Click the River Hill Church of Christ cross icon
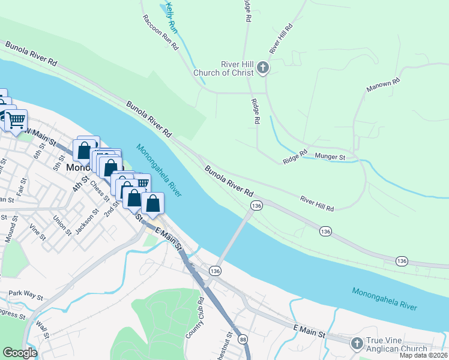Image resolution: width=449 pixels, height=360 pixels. pyautogui.click(x=263, y=68)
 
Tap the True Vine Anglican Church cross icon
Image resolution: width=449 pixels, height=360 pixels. pyautogui.click(x=357, y=343)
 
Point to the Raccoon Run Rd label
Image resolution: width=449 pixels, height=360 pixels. pyautogui.click(x=161, y=32)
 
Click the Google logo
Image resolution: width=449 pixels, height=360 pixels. pyautogui.click(x=20, y=353)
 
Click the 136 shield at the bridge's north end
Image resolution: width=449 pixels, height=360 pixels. pyautogui.click(x=256, y=206)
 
